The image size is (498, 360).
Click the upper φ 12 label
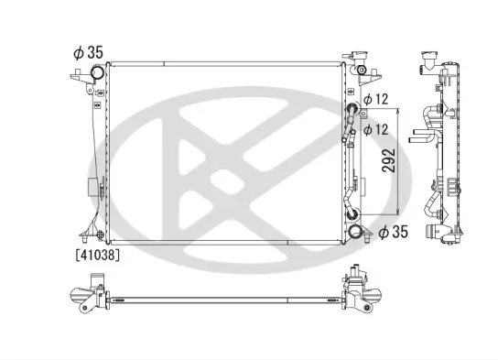point(377,99)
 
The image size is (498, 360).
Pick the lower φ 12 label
point(377,130)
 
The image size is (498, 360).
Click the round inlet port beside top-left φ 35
point(96,74)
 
